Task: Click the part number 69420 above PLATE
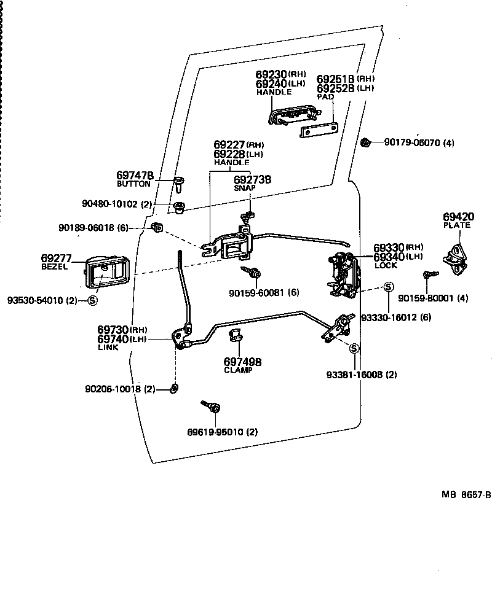tap(459, 217)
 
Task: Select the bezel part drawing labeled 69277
tap(103, 272)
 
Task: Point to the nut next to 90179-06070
tap(365, 142)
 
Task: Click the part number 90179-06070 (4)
tap(419, 142)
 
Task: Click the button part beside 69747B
tap(179, 182)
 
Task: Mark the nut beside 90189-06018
tap(157, 228)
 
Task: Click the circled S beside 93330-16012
tap(388, 287)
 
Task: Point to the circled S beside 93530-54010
tap(92, 300)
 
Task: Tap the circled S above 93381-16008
tap(354, 348)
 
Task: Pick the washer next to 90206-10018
tap(175, 387)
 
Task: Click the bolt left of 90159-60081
tap(252, 271)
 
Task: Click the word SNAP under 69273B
tap(245, 189)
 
